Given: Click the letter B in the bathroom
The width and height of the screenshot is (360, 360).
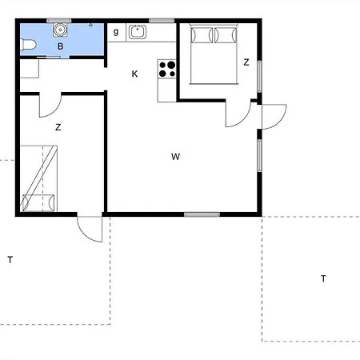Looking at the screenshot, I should click(x=60, y=46).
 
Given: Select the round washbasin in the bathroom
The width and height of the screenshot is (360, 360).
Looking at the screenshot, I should click(x=60, y=30).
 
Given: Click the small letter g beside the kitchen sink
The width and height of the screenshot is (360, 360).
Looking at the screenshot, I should click(x=116, y=32).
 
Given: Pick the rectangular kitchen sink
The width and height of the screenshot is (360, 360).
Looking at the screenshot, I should click(x=138, y=32).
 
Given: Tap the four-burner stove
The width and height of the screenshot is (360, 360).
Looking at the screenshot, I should click(x=168, y=69).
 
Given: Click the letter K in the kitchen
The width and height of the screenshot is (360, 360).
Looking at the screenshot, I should click(x=134, y=74).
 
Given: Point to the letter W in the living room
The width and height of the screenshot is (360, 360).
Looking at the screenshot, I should click(x=174, y=157).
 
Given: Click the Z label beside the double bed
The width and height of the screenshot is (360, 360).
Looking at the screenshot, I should click(x=246, y=62).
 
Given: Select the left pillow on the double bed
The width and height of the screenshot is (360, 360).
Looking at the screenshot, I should click(x=202, y=35).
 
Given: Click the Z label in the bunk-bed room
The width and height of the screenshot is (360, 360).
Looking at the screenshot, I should click(x=58, y=127).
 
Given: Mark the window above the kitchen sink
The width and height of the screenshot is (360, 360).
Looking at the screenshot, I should click(x=162, y=21).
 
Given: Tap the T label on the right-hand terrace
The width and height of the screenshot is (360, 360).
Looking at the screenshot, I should click(x=323, y=278).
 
